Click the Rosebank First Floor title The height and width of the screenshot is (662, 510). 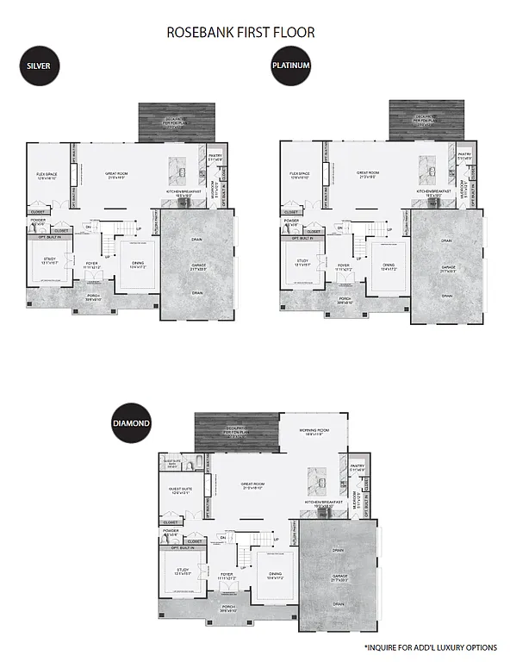pos(240,33)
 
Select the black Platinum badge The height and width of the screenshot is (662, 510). pos(290,67)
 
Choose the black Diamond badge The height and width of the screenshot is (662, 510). pos(131,424)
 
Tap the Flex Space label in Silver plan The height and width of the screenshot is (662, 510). pos(41,177)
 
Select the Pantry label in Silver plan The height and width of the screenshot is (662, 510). pos(215,158)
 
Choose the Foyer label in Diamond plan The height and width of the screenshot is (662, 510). pos(227,575)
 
